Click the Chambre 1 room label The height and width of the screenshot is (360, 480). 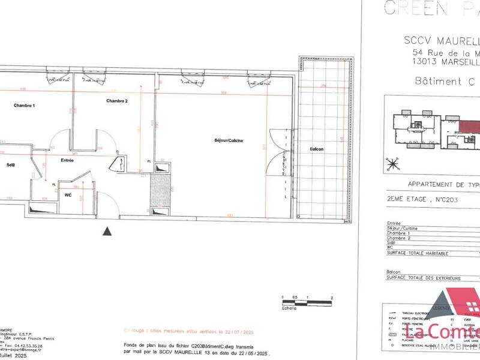(25, 106)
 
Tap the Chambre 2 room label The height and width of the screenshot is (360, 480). (117, 100)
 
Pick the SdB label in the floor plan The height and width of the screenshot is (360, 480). (11, 164)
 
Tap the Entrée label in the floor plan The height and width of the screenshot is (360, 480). (67, 160)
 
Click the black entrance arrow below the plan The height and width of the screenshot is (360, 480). (107, 231)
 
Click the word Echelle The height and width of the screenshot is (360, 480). (289, 307)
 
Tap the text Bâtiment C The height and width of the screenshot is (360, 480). (430, 82)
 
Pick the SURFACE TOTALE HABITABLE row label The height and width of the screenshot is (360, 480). (418, 253)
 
